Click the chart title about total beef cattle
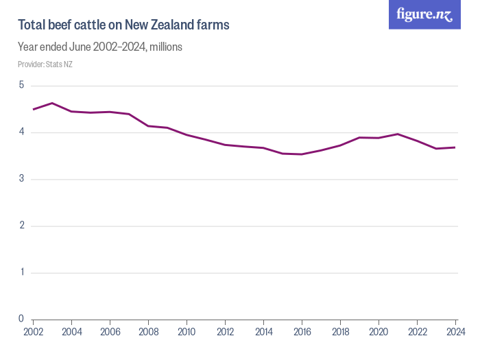(x=123, y=25)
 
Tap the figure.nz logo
(x=424, y=14)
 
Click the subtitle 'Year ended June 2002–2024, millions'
(x=99, y=47)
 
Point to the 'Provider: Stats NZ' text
(x=45, y=64)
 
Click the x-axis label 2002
(x=33, y=333)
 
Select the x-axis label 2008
(x=148, y=333)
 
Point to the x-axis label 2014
(x=263, y=333)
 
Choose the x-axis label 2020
(x=379, y=333)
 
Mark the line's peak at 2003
(x=52, y=103)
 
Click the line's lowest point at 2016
(x=302, y=154)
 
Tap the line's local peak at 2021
(x=398, y=134)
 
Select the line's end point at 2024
(x=455, y=147)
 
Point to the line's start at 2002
(x=33, y=110)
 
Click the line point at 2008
(x=148, y=126)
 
